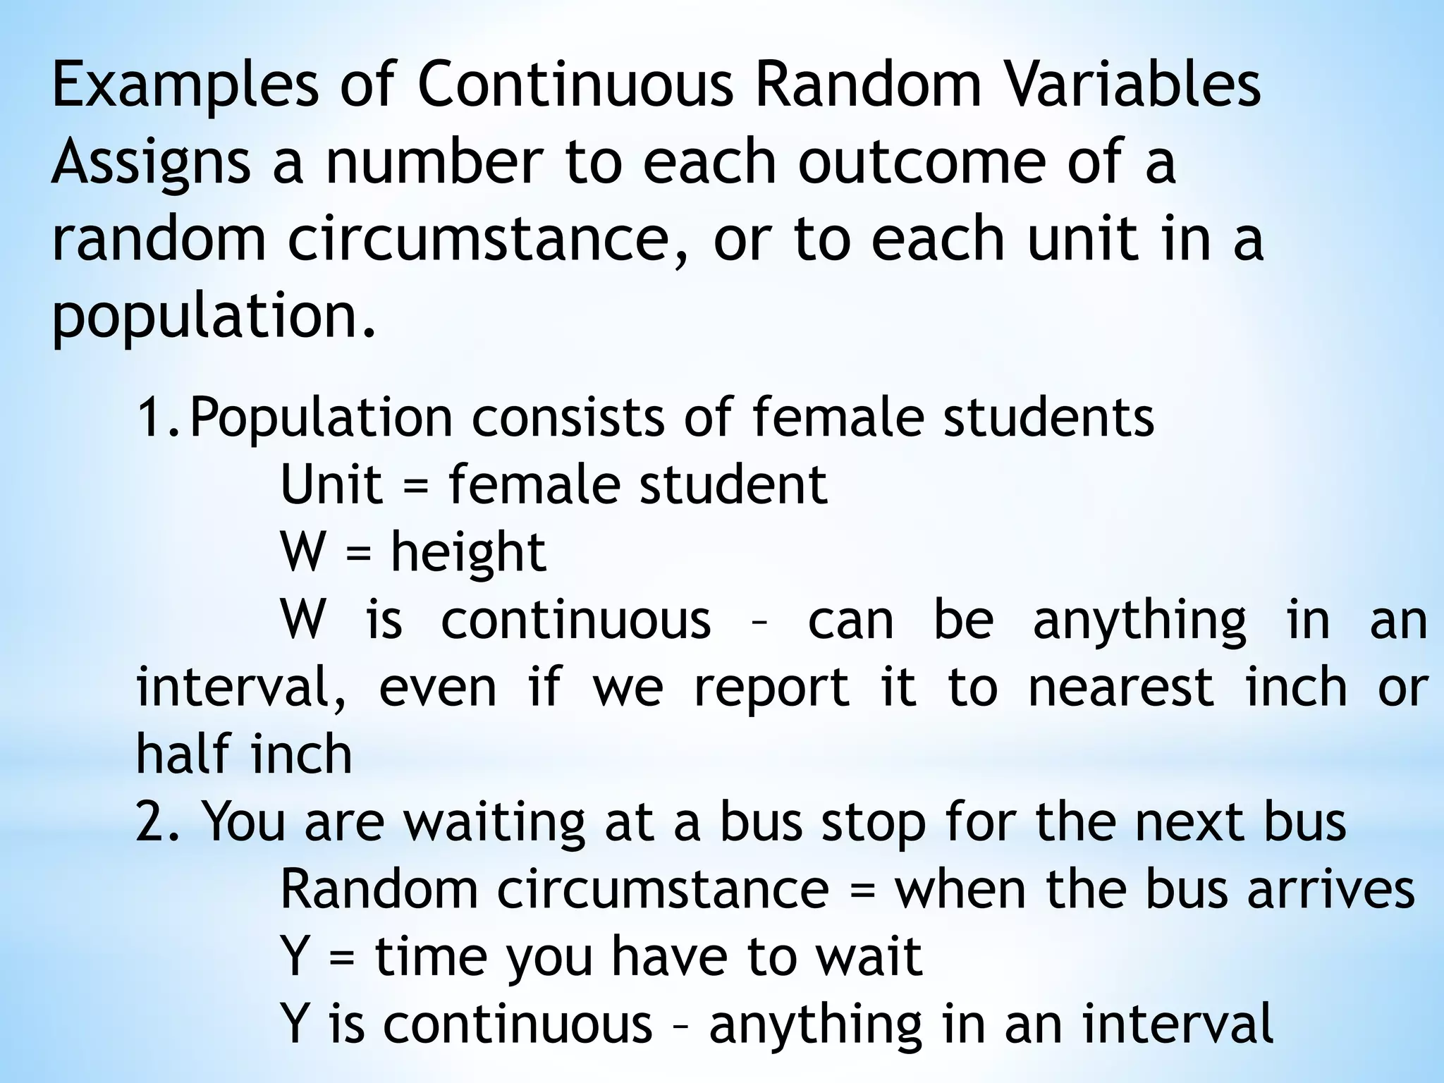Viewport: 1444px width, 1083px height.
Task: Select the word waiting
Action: (494, 824)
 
